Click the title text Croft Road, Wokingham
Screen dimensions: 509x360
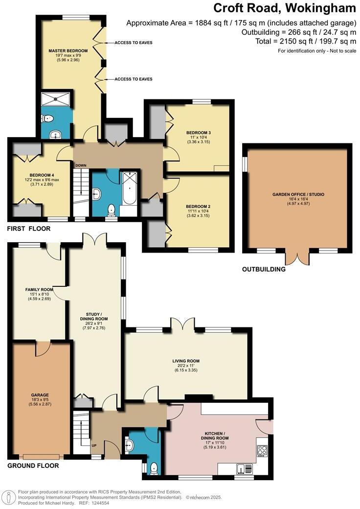[285, 8]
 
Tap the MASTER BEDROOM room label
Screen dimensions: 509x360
[68, 51]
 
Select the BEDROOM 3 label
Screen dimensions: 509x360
[198, 133]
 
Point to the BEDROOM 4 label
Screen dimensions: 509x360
[42, 175]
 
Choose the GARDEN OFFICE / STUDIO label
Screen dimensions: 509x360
[298, 194]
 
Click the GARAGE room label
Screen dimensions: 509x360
[40, 394]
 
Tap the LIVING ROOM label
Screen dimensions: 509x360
[186, 361]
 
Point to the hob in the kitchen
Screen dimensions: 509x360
[261, 449]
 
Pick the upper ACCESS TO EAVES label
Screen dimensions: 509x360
[133, 43]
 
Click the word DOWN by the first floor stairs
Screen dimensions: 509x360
[81, 165]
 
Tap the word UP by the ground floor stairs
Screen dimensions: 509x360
[93, 446]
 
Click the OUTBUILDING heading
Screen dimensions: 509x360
[264, 269]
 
